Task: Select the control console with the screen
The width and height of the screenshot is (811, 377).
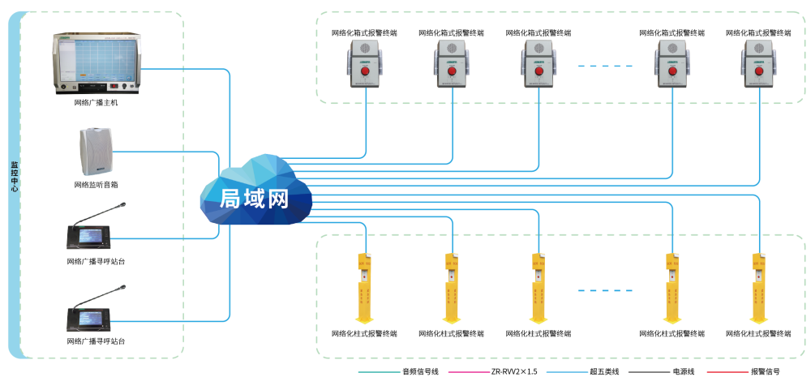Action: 97,63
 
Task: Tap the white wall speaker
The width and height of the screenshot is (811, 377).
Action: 95,152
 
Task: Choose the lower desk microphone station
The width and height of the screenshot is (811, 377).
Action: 88,317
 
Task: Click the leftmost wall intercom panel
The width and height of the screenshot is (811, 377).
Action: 366,62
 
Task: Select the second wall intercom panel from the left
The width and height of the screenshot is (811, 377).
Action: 453,62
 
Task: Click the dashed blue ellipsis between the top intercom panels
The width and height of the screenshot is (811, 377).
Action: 604,66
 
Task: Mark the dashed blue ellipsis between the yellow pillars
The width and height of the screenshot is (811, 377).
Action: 604,289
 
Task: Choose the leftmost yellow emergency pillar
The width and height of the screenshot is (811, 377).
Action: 365,287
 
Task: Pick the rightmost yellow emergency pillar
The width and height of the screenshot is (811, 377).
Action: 759,287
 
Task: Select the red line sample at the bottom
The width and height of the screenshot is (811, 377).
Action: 727,372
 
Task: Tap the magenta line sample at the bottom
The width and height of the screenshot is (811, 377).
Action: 469,372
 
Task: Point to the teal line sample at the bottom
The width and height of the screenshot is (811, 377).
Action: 380,372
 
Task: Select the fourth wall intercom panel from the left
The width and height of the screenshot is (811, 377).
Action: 673,62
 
